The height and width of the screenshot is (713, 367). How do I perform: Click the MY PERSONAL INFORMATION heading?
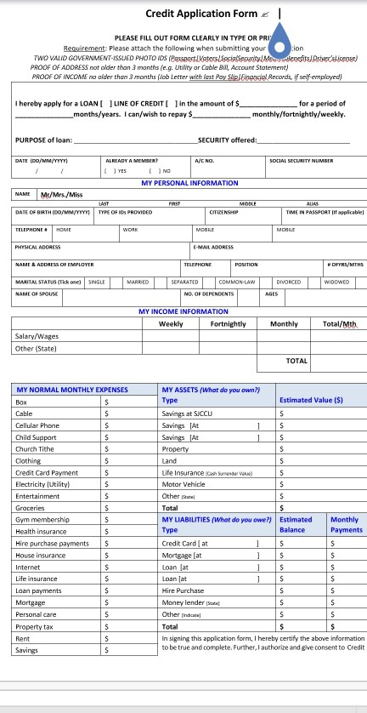tap(189, 183)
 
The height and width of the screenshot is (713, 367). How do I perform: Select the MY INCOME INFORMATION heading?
tap(183, 311)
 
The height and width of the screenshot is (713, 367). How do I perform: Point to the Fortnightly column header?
tap(228, 324)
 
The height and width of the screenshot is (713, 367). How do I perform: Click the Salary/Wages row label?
tap(35, 336)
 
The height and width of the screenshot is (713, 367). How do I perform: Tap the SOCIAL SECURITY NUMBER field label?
tap(301, 160)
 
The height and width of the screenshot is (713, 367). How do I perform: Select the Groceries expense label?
tap(31, 506)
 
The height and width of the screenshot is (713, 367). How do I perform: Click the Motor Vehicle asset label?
tap(184, 482)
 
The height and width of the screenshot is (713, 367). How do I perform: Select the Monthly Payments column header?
tap(344, 524)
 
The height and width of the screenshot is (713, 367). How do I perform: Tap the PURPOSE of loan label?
tap(42, 140)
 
